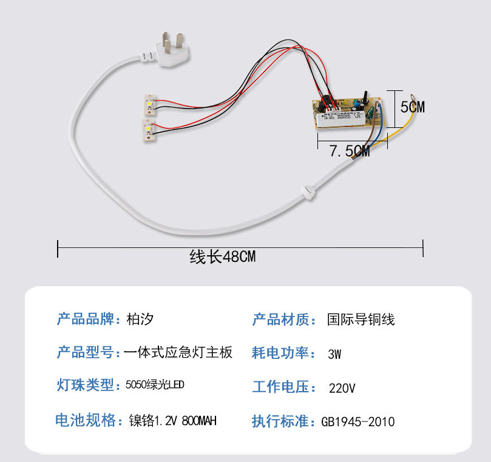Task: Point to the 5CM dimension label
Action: tap(412, 107)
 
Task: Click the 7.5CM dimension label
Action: tap(350, 152)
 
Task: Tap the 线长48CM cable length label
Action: tap(223, 257)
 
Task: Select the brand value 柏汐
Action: tap(144, 319)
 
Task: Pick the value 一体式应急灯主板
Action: tap(178, 352)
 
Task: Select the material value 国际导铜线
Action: tap(361, 319)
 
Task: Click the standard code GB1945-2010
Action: tap(357, 421)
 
